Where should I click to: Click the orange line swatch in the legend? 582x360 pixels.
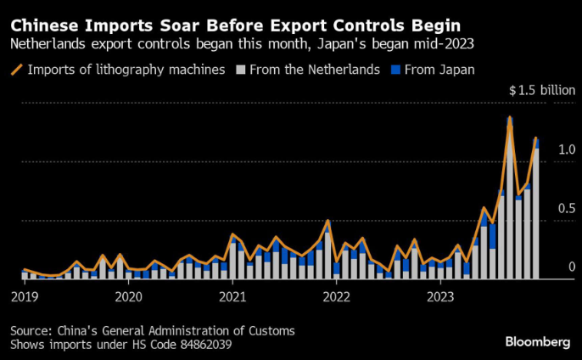[16, 70]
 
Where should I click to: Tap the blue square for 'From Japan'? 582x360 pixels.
[395, 70]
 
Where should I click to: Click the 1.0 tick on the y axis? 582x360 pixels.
[567, 150]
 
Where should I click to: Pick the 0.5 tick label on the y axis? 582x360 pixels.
[567, 209]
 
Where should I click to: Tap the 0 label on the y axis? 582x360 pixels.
[571, 267]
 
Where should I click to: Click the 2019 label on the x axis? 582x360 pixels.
[25, 297]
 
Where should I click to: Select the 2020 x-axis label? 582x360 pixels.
[128, 297]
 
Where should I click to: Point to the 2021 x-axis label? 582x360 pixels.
[232, 297]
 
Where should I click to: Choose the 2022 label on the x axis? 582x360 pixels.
[337, 297]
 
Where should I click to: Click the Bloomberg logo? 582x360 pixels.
[538, 341]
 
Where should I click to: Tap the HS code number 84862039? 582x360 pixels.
[200, 346]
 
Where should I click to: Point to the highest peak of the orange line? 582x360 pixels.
[510, 117]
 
